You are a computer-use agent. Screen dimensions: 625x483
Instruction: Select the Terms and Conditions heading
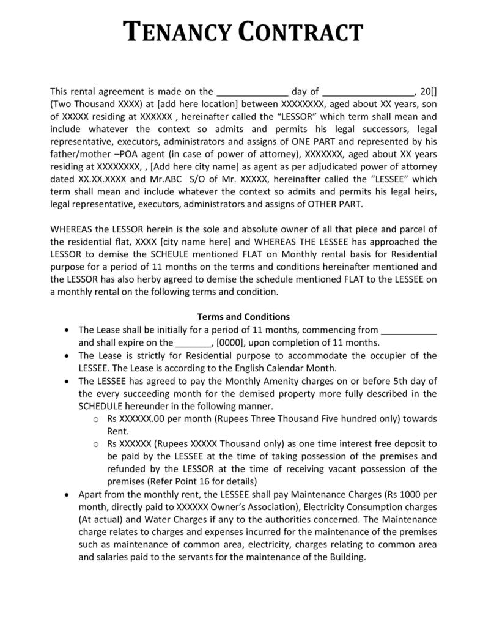[243, 317]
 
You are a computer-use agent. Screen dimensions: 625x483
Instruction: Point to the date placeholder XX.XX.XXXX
[101, 179]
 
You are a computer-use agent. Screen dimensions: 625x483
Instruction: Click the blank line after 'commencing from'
[409, 330]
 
